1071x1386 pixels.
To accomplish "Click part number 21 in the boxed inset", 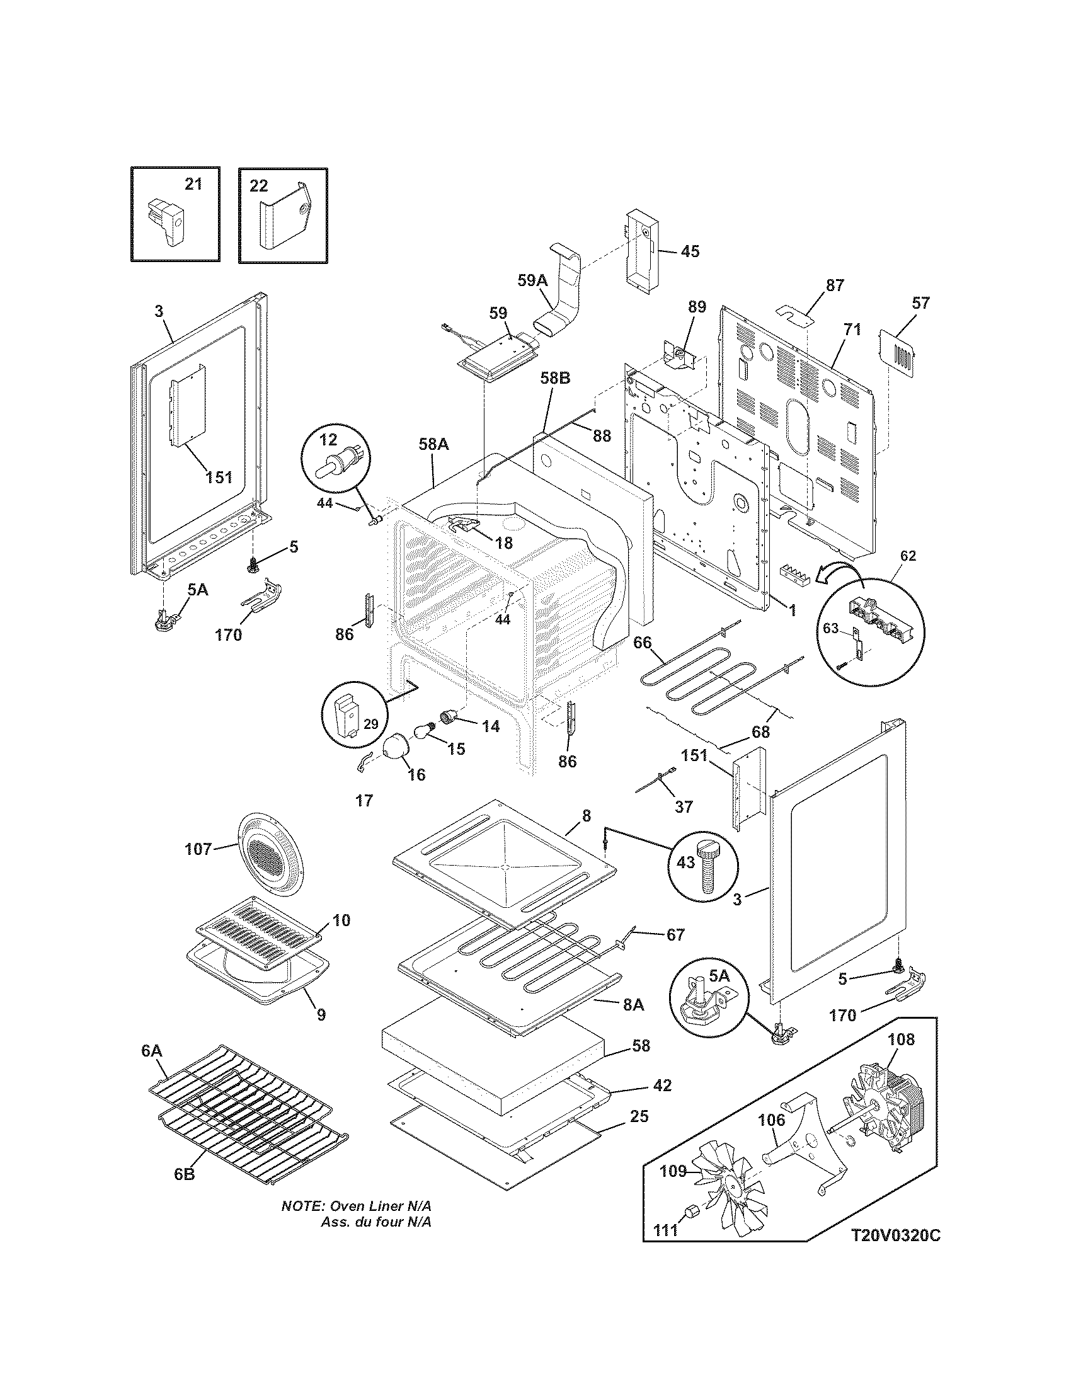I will pyautogui.click(x=193, y=184).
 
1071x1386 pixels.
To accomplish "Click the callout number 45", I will pyautogui.click(x=690, y=251).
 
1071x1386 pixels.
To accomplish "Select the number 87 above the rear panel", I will pyautogui.click(x=835, y=285).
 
